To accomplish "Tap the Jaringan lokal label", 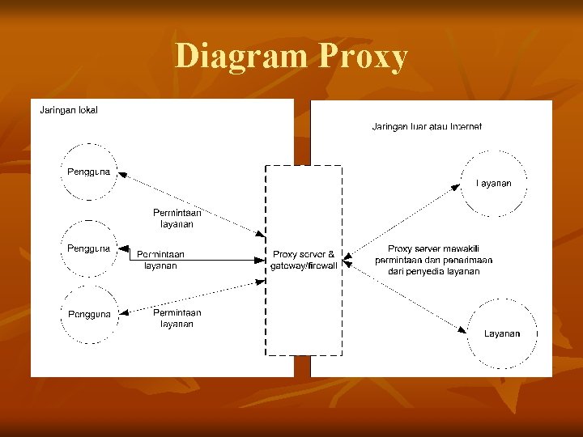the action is (69, 110).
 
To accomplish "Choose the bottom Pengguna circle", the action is (89, 313).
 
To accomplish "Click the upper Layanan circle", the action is (493, 184).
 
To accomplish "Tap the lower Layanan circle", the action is (502, 333).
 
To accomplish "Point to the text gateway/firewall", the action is (304, 265).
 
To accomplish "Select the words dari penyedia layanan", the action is (434, 272).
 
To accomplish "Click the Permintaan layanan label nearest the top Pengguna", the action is (177, 218).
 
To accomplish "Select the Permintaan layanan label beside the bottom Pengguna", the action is (177, 318).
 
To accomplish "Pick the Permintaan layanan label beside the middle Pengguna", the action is (160, 259).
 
